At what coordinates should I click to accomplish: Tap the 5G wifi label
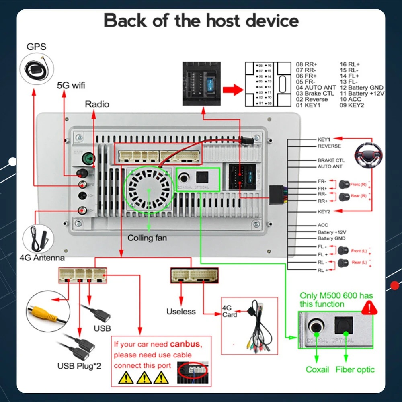pos(71,85)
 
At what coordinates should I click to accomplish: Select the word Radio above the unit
pos(97,104)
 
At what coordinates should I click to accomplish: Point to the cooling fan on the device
pos(149,188)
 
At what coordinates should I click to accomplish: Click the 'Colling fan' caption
pos(147,238)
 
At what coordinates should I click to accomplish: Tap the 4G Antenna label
pos(42,258)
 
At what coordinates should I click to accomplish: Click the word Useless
pos(181,311)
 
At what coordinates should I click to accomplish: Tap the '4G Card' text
pos(230,311)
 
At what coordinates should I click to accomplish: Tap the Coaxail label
pos(318,369)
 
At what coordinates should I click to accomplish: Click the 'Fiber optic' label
pos(355,369)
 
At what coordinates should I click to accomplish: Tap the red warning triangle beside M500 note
pos(370,308)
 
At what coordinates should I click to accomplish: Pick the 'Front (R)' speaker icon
pos(344,185)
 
